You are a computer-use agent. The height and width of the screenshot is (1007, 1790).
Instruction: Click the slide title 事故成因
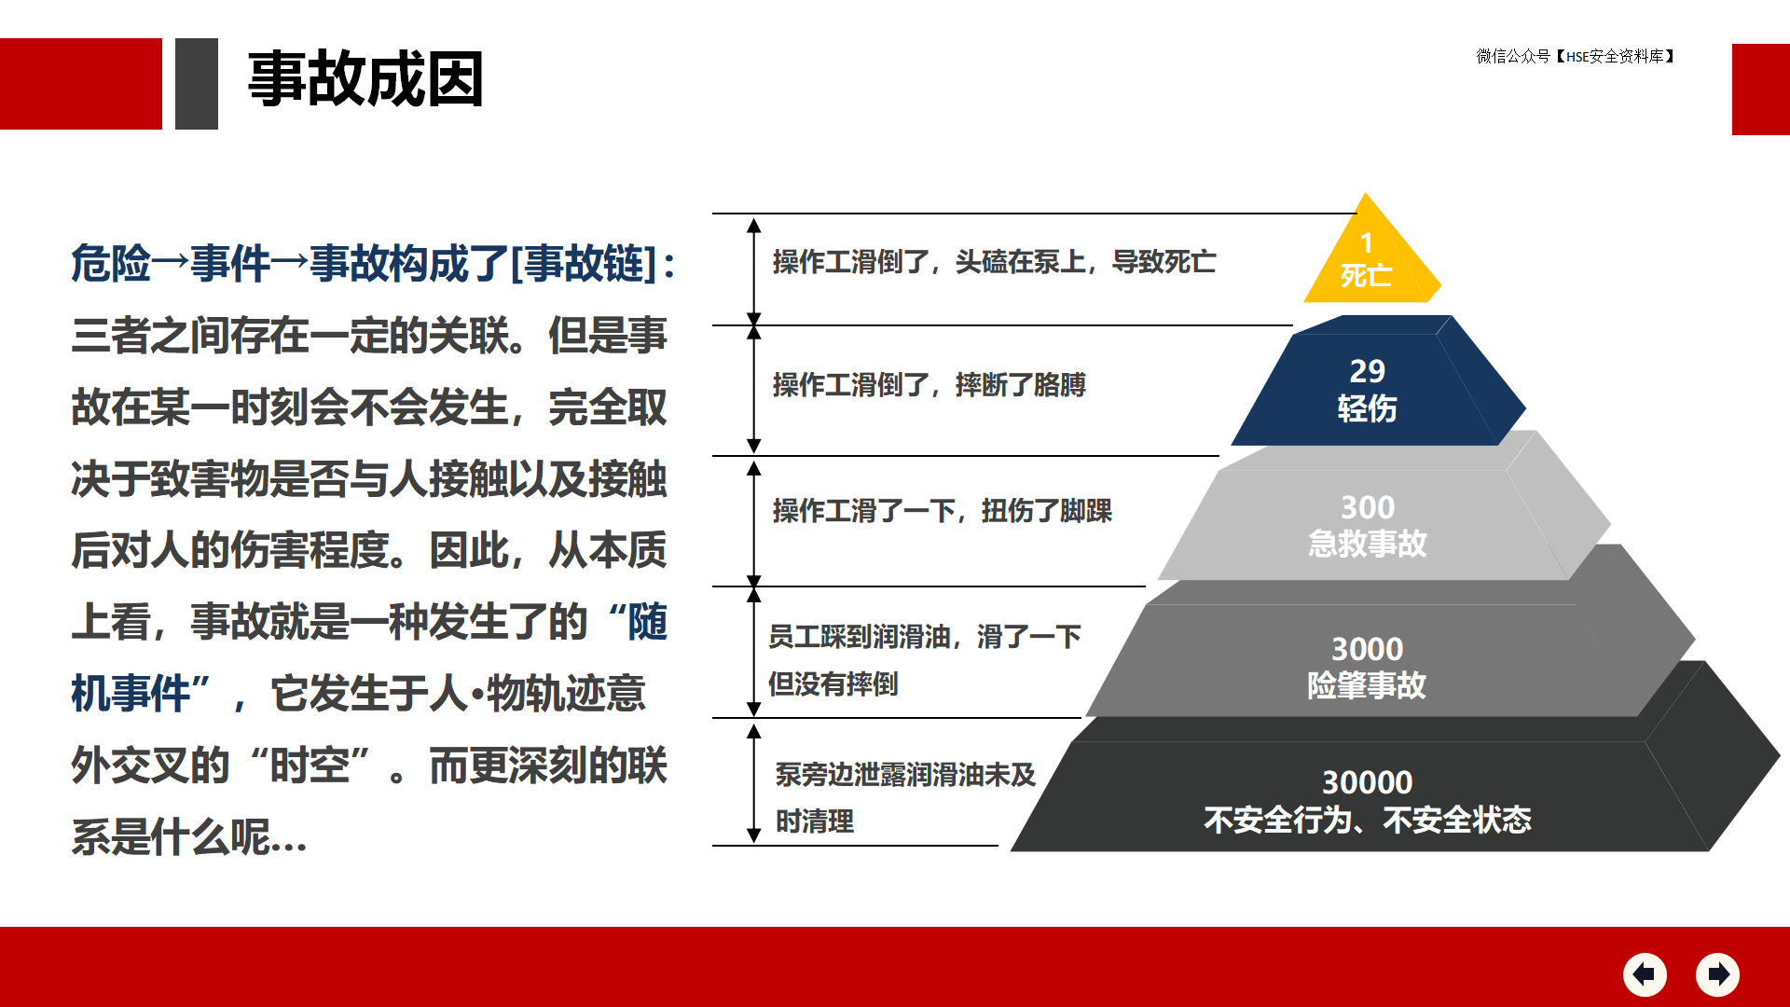(365, 79)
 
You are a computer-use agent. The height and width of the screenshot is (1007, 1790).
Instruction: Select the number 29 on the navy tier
(1367, 371)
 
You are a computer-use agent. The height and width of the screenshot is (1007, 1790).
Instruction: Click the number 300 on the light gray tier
(1368, 507)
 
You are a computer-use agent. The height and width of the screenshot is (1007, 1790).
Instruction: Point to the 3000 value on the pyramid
(1367, 649)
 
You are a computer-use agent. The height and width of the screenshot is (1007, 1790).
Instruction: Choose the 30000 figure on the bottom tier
(1367, 782)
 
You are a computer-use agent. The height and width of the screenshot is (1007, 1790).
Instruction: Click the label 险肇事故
(1367, 685)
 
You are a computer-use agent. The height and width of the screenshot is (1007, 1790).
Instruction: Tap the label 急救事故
(1367, 544)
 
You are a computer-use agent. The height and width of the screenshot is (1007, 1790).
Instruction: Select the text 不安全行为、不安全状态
(1367, 820)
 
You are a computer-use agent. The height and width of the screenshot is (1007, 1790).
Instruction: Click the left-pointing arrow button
(1645, 974)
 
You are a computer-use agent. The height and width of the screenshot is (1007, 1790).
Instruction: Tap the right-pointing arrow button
(1717, 974)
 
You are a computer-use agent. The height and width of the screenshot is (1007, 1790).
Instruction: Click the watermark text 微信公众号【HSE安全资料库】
(1577, 57)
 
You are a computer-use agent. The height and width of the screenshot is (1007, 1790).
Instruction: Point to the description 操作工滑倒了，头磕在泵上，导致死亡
(994, 262)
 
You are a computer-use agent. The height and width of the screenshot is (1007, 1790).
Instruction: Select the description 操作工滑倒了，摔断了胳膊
(929, 384)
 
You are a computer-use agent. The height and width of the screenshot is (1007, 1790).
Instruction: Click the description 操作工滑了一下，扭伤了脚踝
(942, 511)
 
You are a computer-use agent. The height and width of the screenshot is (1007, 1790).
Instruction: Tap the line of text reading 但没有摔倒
(833, 684)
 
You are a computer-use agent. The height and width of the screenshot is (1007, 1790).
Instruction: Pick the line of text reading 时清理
(815, 821)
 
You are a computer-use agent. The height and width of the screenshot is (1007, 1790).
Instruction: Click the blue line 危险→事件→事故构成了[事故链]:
(373, 263)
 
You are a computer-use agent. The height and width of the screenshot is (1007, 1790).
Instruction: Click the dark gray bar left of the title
(197, 84)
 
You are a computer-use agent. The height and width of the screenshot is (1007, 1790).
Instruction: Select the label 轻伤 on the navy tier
(1367, 408)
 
